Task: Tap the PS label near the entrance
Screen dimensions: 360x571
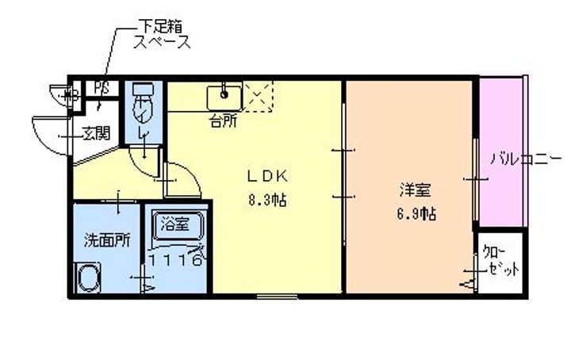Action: tap(102, 87)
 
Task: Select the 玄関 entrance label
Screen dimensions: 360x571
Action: tap(96, 132)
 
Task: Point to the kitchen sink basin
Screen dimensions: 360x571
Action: tap(224, 97)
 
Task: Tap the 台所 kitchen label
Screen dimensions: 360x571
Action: tap(224, 121)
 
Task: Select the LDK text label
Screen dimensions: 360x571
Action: tap(264, 176)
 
